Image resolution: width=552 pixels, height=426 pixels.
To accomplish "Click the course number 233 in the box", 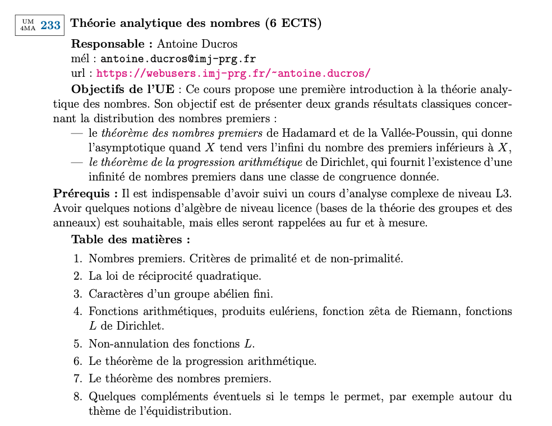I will pyautogui.click(x=50, y=25).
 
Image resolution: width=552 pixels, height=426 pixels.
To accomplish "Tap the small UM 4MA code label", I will pyautogui.click(x=28, y=25).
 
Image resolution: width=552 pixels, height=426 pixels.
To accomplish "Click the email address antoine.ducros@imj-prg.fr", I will pyautogui.click(x=178, y=58).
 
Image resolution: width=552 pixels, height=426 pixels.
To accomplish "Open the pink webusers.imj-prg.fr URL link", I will pyautogui.click(x=233, y=73).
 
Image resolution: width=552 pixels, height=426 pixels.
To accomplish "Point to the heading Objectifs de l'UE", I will pyautogui.click(x=123, y=89).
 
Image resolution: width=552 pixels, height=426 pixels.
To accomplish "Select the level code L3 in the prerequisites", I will pyautogui.click(x=504, y=193).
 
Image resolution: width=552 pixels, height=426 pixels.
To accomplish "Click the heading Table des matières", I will pyautogui.click(x=131, y=239).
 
